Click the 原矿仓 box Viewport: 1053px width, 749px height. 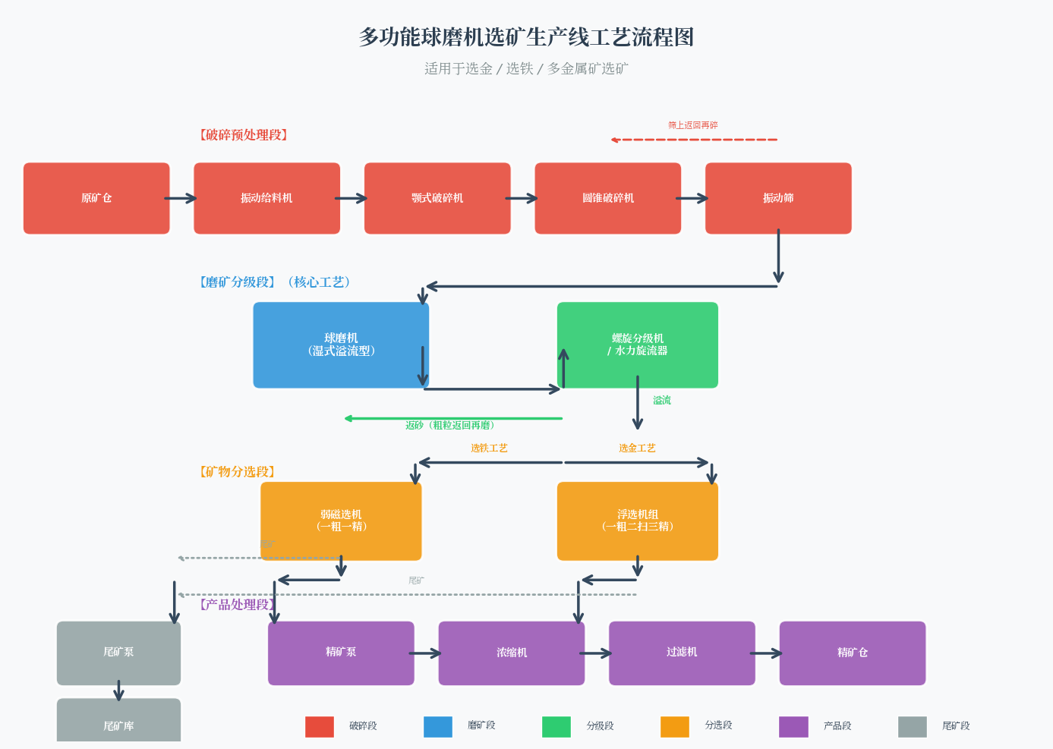(96, 198)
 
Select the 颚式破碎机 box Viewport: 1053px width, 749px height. (437, 198)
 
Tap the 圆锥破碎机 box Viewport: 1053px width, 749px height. (607, 198)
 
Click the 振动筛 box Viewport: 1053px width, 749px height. (778, 198)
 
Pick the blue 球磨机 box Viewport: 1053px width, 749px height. (341, 345)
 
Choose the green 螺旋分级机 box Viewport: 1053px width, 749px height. (637, 345)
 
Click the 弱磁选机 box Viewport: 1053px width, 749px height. (341, 521)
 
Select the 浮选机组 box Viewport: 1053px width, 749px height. (637, 521)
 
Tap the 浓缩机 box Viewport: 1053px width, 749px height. (511, 653)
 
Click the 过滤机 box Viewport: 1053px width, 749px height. (682, 653)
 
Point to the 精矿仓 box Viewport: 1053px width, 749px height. (852, 653)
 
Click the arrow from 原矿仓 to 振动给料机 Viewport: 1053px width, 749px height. (181, 199)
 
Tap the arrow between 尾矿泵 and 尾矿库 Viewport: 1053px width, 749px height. (118, 691)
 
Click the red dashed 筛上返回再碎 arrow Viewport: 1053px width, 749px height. (694, 140)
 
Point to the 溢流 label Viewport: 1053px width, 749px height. (662, 401)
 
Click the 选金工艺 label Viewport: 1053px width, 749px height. (637, 448)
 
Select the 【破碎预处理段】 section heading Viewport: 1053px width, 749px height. (244, 135)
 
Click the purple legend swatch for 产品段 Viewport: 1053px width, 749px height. (793, 726)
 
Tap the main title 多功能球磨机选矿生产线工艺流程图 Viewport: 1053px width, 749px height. (526, 37)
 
